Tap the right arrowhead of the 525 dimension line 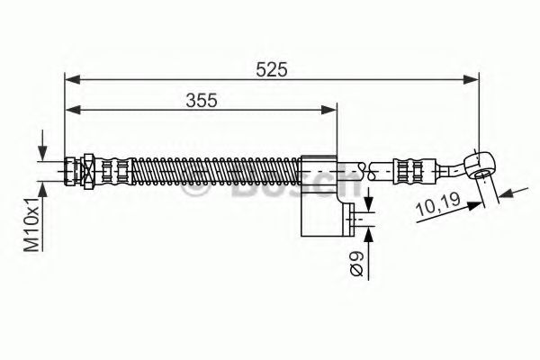(x=472, y=78)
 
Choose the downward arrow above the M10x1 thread (x=41, y=149)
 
